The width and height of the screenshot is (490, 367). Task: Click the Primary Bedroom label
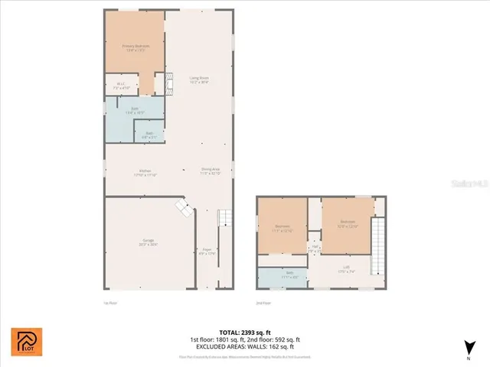[x=136, y=47]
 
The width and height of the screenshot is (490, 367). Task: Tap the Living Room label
[x=200, y=80]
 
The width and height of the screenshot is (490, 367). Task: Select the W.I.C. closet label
[x=121, y=86]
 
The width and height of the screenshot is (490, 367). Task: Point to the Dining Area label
[x=211, y=171]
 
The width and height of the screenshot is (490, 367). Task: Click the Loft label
[x=346, y=268]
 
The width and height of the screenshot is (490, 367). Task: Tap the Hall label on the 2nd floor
[x=315, y=248]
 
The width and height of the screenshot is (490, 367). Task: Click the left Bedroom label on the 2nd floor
[x=283, y=227]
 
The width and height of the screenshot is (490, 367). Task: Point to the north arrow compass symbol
[x=465, y=348]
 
